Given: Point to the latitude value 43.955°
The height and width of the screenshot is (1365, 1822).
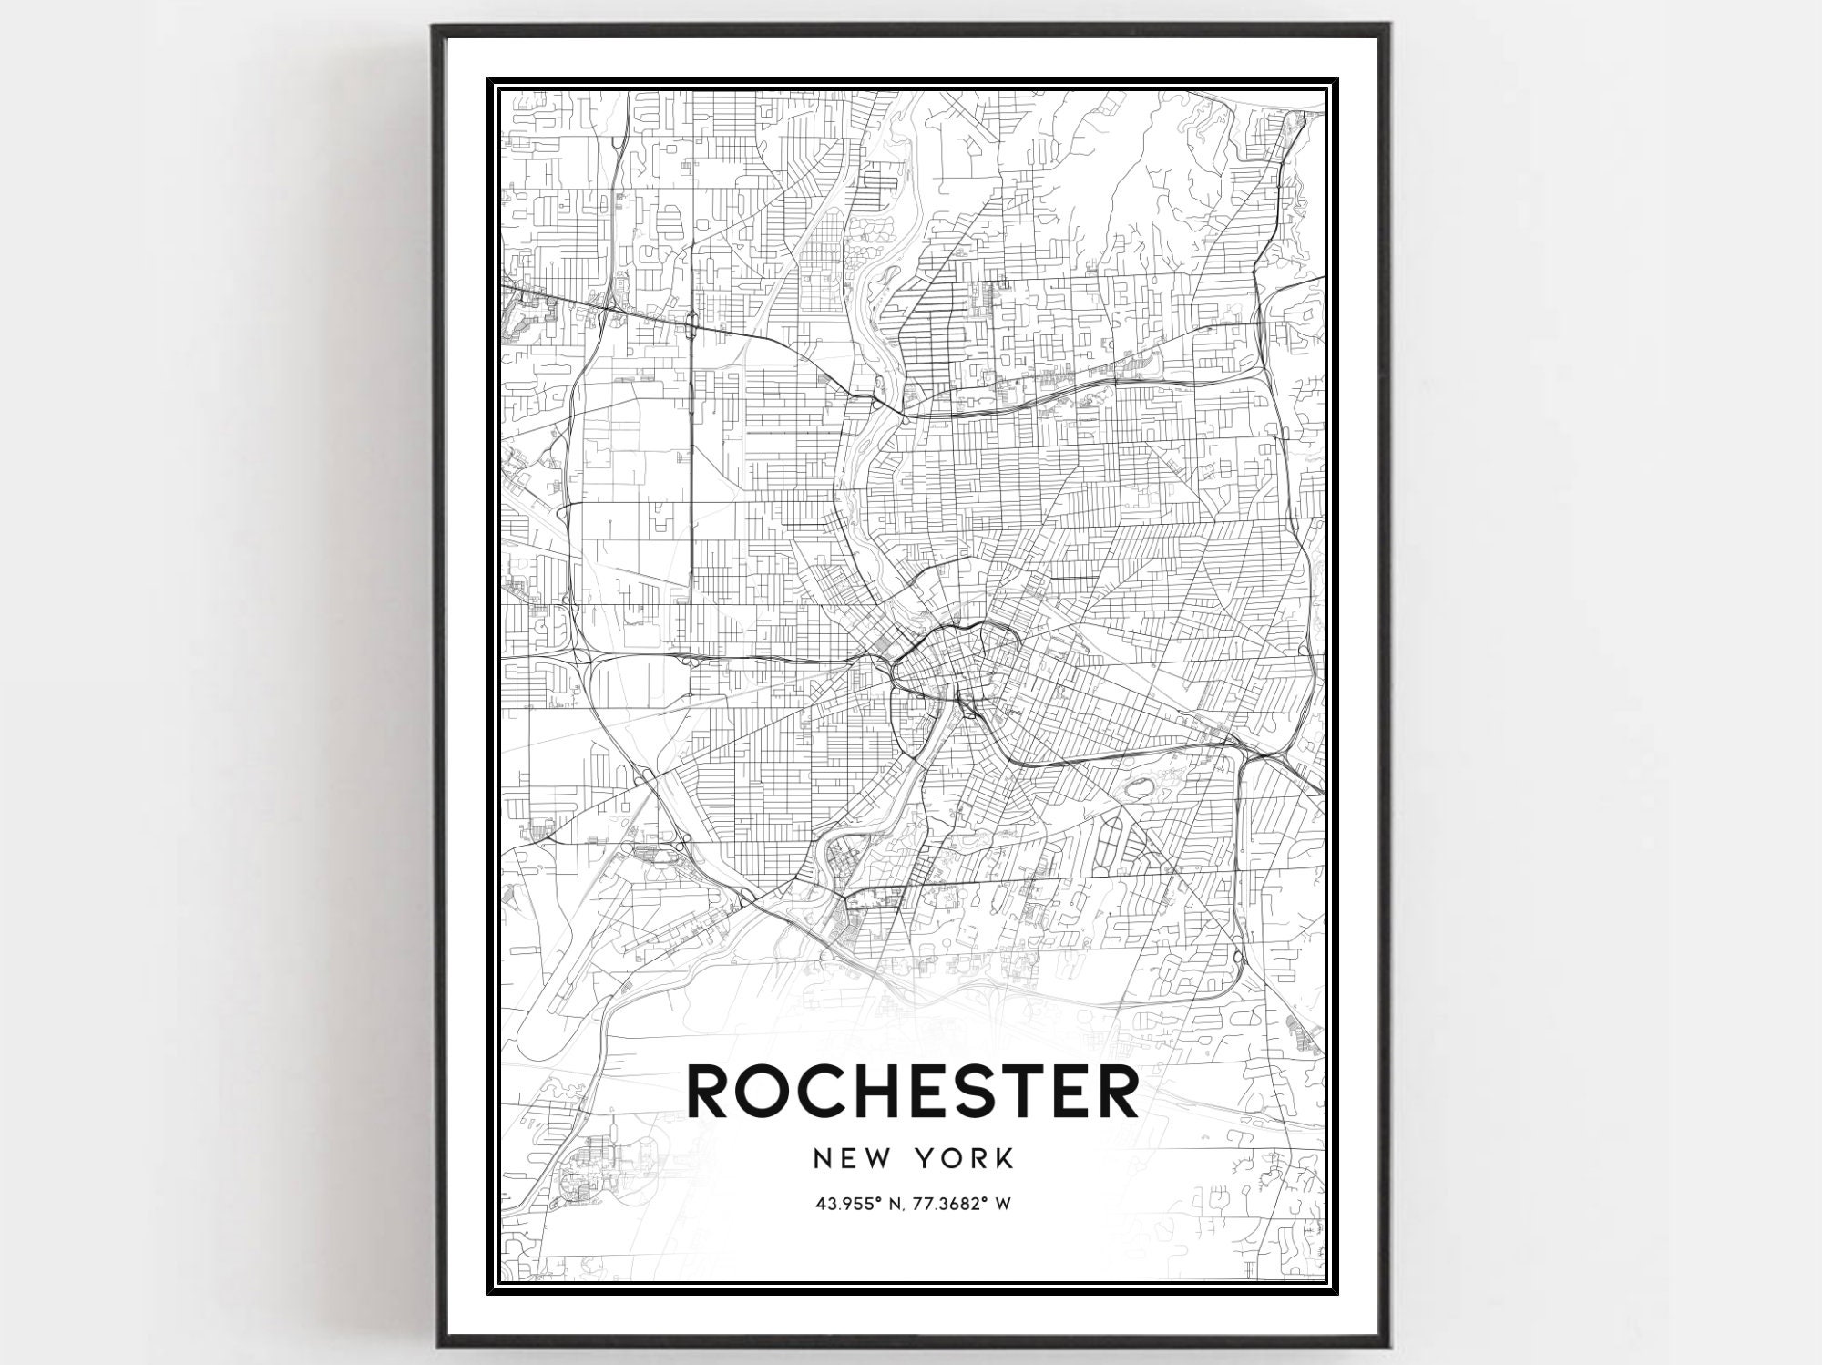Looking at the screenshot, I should tap(845, 1204).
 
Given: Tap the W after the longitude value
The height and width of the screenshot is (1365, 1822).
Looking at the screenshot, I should tap(1002, 1204).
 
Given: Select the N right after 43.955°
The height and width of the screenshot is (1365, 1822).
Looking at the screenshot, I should tap(886, 1204).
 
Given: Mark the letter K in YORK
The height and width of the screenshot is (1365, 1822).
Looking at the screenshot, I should tap(1004, 1159).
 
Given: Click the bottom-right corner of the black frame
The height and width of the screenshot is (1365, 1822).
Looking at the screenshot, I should tap(1387, 1345).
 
